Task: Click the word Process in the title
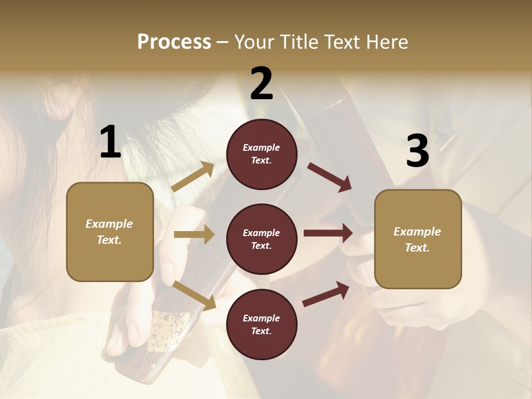174,42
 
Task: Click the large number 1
110,142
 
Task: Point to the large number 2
262,84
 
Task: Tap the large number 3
417,151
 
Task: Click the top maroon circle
262,154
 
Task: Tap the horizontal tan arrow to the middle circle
194,234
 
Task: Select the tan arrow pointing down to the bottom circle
195,295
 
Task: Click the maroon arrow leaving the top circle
330,177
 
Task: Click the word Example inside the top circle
262,147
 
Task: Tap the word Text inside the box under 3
417,248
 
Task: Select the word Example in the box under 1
109,224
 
